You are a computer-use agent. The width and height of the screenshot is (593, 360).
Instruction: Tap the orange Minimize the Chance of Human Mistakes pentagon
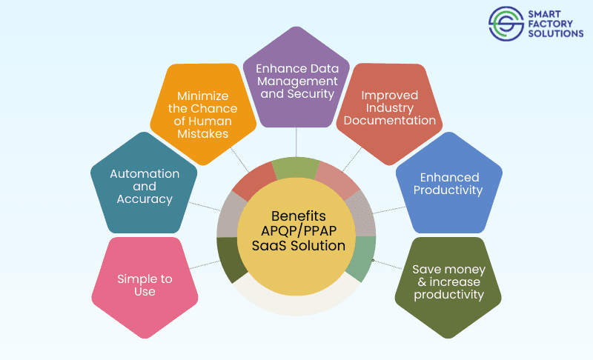tap(202, 115)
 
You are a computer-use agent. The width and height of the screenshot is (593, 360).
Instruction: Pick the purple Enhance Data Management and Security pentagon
tap(296, 80)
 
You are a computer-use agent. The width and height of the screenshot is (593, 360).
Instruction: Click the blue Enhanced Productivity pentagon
tap(449, 184)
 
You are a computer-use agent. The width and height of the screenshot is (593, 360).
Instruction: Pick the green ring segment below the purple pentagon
tap(296, 167)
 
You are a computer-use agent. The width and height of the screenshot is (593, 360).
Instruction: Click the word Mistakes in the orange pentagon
tap(202, 134)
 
